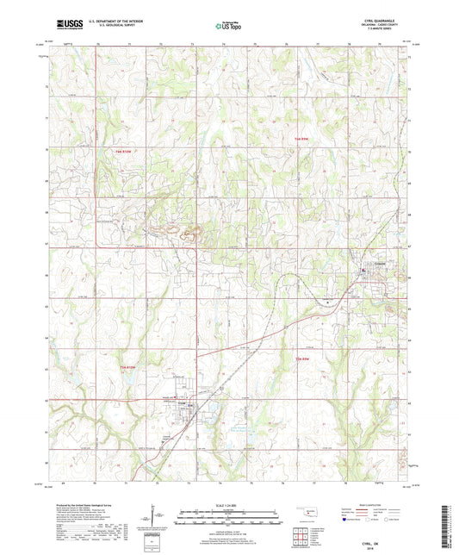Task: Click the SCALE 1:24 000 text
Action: (229, 506)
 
